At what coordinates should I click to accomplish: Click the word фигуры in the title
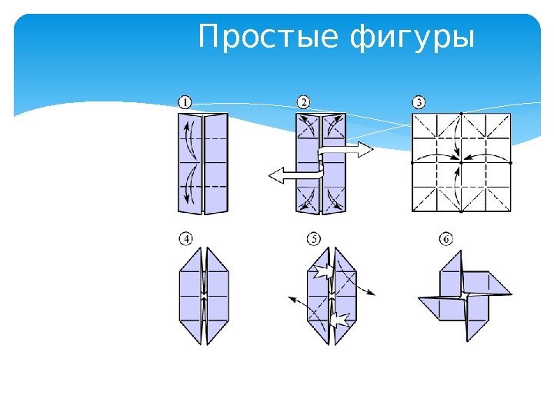click(412, 38)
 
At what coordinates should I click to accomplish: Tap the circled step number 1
click(185, 101)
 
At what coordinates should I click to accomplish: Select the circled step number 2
click(304, 101)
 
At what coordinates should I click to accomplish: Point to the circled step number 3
click(419, 101)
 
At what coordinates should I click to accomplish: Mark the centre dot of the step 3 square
click(461, 162)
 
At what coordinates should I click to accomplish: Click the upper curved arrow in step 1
click(188, 140)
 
